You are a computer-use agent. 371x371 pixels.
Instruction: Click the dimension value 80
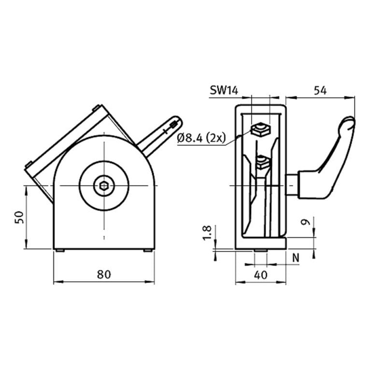pyautogui.click(x=103, y=274)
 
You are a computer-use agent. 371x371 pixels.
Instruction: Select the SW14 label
pyautogui.click(x=224, y=90)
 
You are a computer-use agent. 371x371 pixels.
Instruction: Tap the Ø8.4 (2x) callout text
pyautogui.click(x=201, y=138)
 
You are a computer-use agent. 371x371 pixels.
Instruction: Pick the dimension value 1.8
pyautogui.click(x=207, y=233)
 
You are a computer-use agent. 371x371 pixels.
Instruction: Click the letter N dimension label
pyautogui.click(x=296, y=257)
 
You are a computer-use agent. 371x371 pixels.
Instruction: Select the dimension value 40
pyautogui.click(x=260, y=275)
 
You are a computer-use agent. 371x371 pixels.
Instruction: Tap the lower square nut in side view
pyautogui.click(x=262, y=163)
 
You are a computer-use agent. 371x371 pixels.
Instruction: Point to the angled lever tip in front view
pyautogui.click(x=175, y=121)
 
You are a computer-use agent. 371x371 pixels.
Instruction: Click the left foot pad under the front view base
pyautogui.click(x=60, y=250)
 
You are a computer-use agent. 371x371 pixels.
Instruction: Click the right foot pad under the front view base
pyautogui.click(x=147, y=250)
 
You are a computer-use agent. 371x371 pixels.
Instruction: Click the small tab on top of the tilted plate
pyautogui.click(x=98, y=107)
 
